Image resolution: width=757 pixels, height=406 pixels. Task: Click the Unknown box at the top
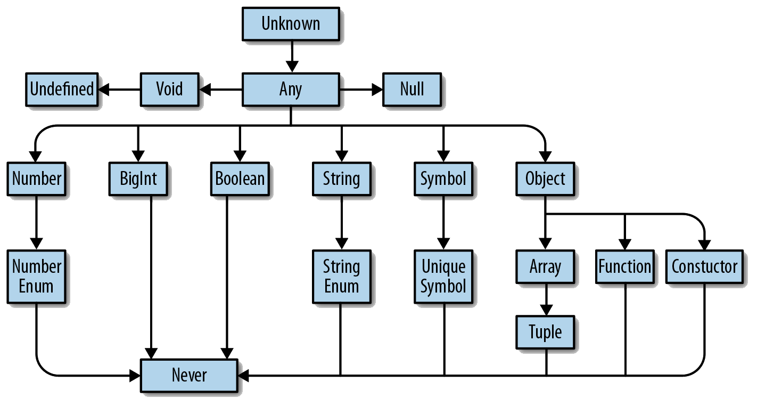(291, 24)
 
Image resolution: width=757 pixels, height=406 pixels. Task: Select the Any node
(291, 89)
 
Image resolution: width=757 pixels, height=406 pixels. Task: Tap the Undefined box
(62, 89)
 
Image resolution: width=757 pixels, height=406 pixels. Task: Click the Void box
(169, 89)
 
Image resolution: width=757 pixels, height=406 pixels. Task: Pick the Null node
(412, 89)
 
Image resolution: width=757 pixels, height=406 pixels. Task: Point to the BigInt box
(138, 178)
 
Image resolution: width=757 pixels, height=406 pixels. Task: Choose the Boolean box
(240, 178)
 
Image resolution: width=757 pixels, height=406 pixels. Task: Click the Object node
(545, 178)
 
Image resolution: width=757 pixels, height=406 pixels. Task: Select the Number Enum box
(37, 276)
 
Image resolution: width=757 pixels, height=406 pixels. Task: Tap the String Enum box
(341, 276)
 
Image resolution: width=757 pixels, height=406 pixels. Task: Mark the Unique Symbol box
(443, 276)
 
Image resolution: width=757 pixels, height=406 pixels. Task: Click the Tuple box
(545, 332)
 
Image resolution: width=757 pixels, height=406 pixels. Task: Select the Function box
(625, 266)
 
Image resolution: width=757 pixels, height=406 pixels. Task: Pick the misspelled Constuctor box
(704, 266)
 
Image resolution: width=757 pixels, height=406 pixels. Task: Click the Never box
(189, 375)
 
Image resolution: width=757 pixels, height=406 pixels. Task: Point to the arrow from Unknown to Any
(291, 56)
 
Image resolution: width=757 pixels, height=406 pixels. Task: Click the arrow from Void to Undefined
(120, 90)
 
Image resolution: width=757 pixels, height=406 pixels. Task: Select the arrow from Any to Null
(361, 90)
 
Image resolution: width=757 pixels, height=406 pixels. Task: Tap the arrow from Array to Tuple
(545, 299)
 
